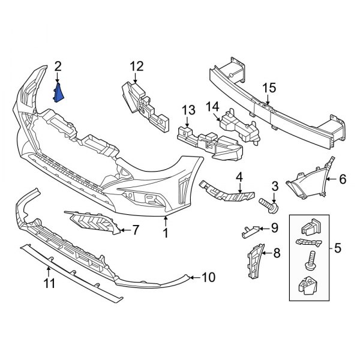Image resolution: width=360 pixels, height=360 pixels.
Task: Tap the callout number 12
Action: tap(137, 65)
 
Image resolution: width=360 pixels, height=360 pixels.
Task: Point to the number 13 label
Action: tap(188, 110)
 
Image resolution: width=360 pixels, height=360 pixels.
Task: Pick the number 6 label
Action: tap(343, 179)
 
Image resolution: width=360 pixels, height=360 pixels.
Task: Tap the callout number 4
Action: tap(239, 177)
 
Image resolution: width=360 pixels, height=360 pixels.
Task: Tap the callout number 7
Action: tap(135, 229)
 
